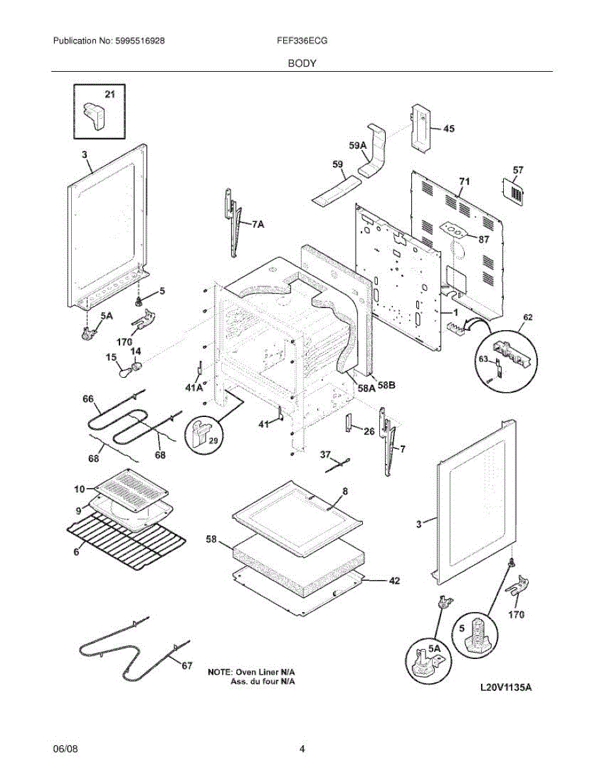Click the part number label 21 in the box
110,95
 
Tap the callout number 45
448,129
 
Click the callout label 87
484,239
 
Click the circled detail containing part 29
203,434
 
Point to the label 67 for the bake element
187,666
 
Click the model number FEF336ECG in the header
302,40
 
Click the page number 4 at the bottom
302,749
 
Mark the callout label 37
325,454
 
